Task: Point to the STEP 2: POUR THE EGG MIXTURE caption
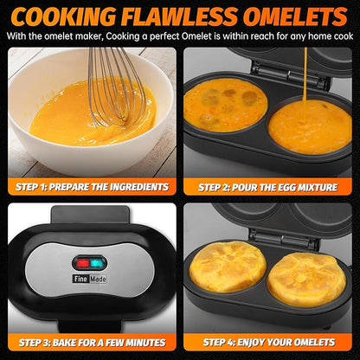click(x=269, y=186)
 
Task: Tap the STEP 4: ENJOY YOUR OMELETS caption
click(x=269, y=342)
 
